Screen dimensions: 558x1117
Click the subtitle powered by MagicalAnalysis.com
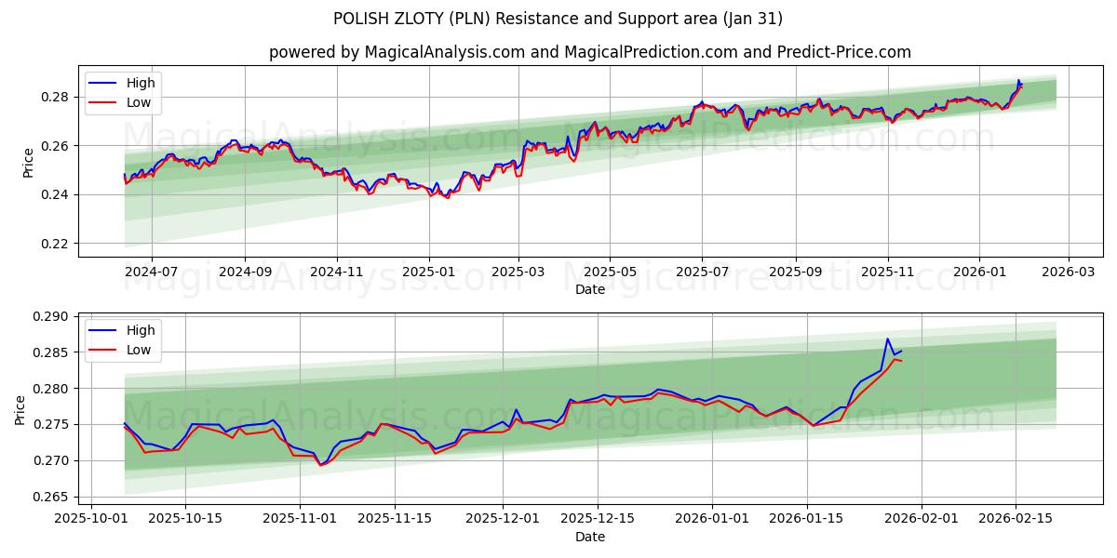coord(590,52)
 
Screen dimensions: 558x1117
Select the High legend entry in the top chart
coord(140,83)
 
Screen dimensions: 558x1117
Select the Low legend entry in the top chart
coord(138,102)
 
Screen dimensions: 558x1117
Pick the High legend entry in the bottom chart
coord(140,331)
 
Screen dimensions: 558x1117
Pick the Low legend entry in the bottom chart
coord(138,351)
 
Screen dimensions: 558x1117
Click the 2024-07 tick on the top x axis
coord(151,272)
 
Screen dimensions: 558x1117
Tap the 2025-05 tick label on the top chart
coord(610,272)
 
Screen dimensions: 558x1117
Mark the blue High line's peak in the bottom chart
coord(887,339)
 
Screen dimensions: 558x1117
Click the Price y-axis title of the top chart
coord(28,161)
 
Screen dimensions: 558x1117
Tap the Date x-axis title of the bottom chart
coord(590,538)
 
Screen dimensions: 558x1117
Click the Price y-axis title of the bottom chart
coord(20,409)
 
